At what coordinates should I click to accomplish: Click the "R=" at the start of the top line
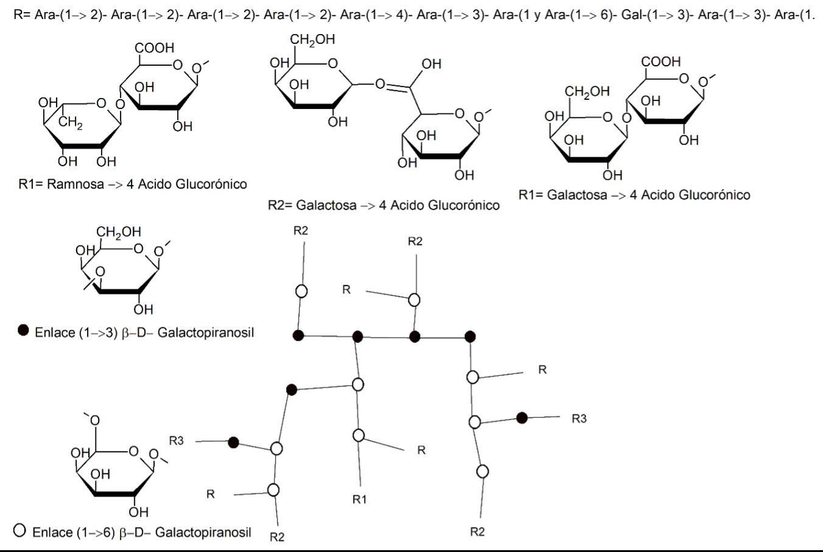[x=22, y=15]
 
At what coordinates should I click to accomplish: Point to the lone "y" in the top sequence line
[x=538, y=15]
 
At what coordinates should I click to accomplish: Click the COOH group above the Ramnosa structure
[x=155, y=47]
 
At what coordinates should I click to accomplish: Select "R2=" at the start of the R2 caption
[x=279, y=205]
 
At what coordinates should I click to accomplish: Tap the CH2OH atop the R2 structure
[x=312, y=40]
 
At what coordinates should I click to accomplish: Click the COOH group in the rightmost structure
[x=660, y=61]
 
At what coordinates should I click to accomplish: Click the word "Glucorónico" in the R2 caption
[x=464, y=205]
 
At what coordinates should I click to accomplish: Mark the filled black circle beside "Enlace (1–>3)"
[x=23, y=330]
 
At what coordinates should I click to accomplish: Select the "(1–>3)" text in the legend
[x=98, y=333]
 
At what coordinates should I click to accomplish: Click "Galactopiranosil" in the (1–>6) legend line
[x=203, y=532]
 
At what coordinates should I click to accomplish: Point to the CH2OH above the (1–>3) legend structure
[x=118, y=232]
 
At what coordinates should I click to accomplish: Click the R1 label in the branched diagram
[x=360, y=500]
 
